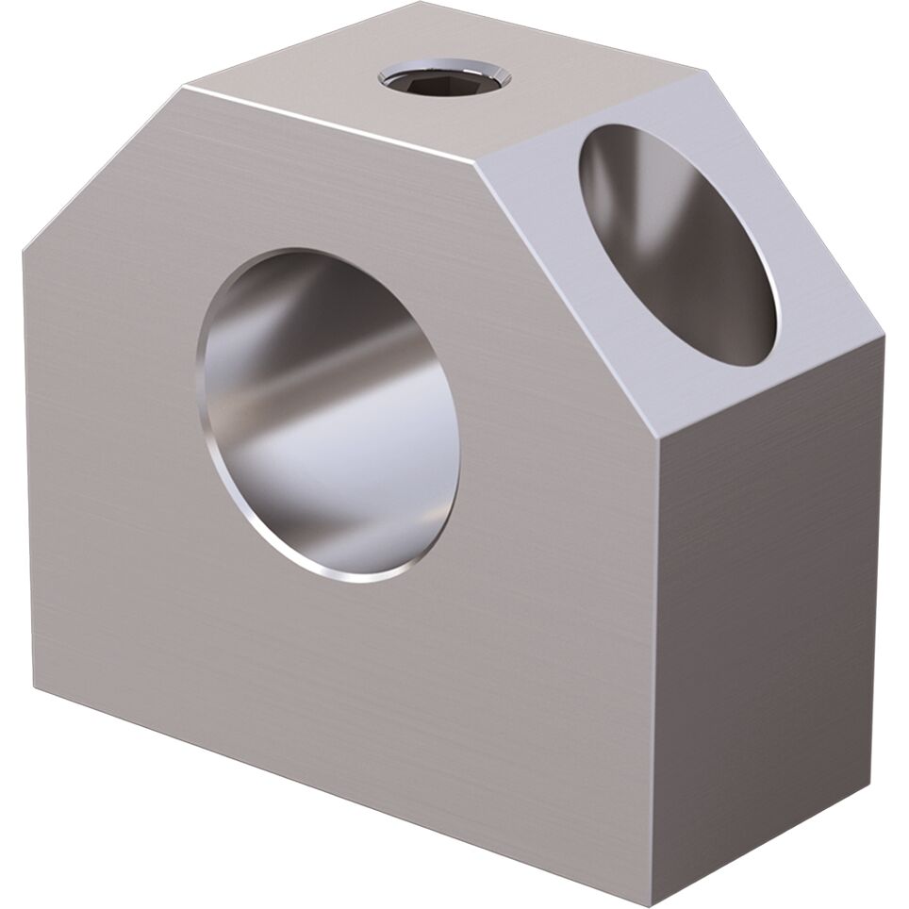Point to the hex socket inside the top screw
(444, 80)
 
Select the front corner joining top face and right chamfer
(478, 162)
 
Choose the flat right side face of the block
(769, 613)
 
